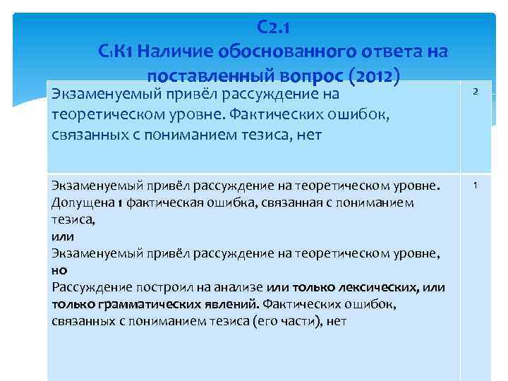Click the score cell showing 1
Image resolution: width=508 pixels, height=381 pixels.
[x=476, y=185]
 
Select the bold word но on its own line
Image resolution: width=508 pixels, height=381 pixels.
[x=59, y=270]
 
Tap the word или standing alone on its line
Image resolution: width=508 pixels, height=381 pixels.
[x=62, y=236]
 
